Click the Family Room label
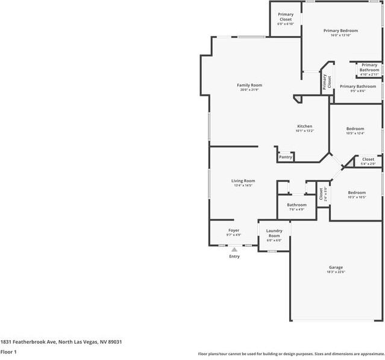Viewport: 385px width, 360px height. click(249, 85)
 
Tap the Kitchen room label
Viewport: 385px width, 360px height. click(304, 126)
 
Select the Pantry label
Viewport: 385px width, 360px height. click(286, 157)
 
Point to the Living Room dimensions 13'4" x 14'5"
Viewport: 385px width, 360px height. click(243, 185)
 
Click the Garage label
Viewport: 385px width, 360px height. click(336, 267)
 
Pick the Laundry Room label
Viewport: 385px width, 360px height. click(274, 233)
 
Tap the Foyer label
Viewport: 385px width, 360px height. click(234, 231)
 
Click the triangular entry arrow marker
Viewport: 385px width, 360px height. click(234, 249)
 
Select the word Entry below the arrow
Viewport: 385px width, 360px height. click(234, 256)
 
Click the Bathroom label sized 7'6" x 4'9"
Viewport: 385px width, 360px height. click(296, 205)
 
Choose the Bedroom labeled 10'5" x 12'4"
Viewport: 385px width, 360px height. click(355, 129)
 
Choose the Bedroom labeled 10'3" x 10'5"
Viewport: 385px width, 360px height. click(356, 193)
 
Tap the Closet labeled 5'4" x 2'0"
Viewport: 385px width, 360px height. click(368, 160)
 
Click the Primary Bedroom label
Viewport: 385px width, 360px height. click(340, 31)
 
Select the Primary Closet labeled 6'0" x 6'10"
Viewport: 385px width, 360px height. click(286, 17)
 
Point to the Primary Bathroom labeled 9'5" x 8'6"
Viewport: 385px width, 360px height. click(357, 87)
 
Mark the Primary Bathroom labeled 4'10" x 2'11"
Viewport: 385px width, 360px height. click(369, 67)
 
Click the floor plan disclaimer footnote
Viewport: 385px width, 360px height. click(291, 354)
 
